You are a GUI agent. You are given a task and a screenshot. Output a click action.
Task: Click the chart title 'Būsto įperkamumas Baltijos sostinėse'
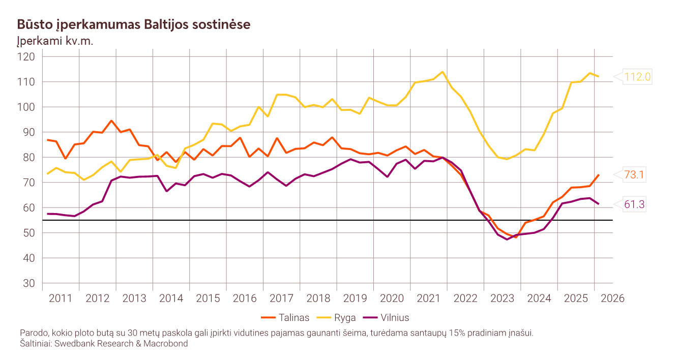pos(134,24)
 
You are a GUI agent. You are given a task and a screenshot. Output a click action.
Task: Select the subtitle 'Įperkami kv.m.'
pos(55,41)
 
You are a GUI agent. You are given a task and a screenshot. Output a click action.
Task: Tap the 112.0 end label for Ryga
pos(637,77)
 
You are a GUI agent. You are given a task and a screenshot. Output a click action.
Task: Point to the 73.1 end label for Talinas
pos(634,174)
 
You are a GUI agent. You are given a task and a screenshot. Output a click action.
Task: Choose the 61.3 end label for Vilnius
pos(634,204)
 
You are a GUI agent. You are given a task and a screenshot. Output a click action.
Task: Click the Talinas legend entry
pos(285,318)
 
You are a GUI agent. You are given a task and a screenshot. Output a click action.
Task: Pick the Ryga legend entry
pos(336,318)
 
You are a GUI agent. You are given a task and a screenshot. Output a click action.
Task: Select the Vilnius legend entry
pos(386,318)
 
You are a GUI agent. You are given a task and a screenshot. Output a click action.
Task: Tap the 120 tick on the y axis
pos(26,56)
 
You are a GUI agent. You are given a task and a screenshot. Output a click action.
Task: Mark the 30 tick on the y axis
pos(29,283)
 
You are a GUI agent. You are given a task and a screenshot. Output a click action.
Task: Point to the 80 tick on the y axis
pos(29,157)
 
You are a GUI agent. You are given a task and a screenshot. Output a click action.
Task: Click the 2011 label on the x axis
pos(61,298)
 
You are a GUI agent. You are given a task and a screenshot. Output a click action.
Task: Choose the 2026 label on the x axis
pos(612,298)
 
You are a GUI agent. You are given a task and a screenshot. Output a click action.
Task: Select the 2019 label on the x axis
pos(355,298)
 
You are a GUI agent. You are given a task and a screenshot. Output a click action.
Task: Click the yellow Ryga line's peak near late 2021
pos(442,72)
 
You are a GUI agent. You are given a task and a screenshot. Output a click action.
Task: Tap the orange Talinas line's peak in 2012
pos(111,121)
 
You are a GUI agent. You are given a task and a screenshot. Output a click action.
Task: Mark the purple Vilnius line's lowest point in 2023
pos(507,239)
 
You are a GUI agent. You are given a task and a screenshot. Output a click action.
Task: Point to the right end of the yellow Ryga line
pos(598,76)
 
